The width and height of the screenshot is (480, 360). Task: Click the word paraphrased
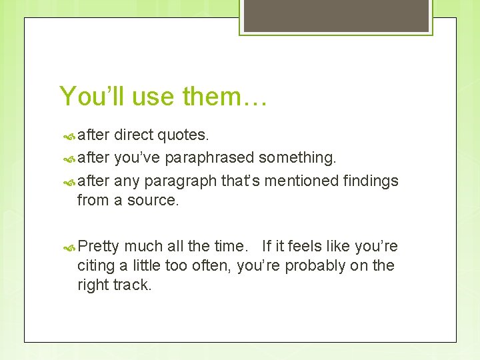(x=209, y=158)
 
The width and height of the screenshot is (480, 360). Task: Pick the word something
(x=297, y=158)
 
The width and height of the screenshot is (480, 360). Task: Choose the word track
(x=134, y=285)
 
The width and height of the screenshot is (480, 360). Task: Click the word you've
(x=137, y=158)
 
